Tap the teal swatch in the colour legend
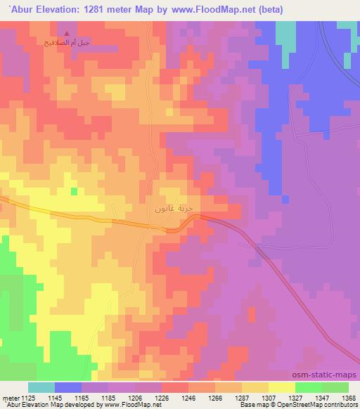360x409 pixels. click(41, 387)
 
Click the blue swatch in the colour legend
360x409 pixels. click(68, 387)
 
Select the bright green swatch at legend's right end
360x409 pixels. click(335, 387)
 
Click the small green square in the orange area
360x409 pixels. click(73, 191)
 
